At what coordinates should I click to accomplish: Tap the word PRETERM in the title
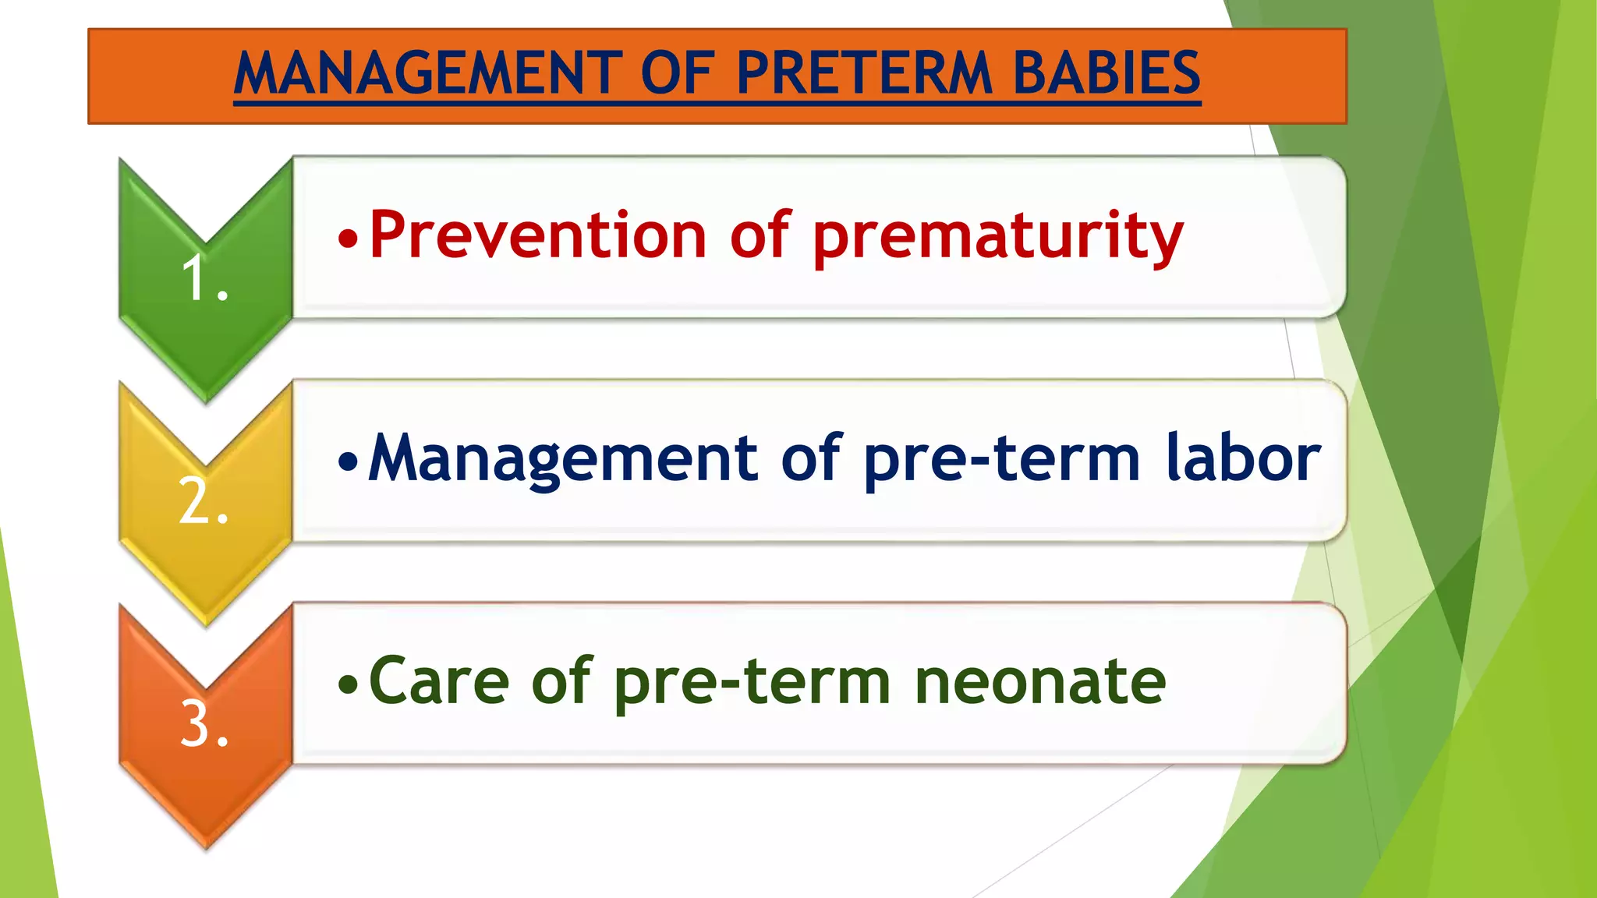864,73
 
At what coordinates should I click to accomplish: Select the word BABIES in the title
1106,73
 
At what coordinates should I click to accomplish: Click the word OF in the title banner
677,73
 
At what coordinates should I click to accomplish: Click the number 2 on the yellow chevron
195,501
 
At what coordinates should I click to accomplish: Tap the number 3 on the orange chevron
195,724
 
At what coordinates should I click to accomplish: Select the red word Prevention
537,235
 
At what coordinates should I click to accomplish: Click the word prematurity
998,238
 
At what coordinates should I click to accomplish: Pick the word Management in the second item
562,460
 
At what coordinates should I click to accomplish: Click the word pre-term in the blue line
1003,461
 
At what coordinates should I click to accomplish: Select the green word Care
438,681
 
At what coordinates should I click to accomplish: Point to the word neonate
1040,683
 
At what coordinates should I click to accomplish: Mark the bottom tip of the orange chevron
207,847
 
